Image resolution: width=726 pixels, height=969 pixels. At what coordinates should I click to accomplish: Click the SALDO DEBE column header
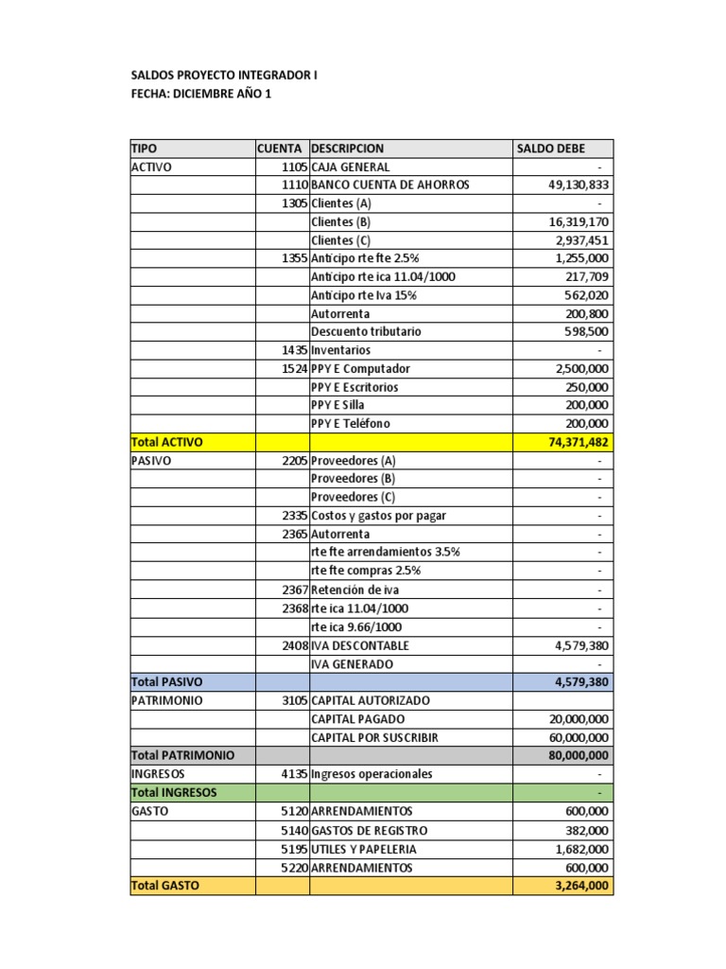coord(550,149)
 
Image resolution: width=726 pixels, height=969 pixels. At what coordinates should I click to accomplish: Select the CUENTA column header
coord(280,149)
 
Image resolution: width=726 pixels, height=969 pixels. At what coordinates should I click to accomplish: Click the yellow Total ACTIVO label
coord(166,442)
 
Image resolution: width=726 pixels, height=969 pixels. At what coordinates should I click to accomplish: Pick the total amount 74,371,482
coord(577,442)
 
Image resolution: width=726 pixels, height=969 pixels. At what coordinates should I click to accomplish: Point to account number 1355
coord(294,258)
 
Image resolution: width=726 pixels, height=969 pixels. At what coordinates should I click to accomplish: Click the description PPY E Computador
coord(360,369)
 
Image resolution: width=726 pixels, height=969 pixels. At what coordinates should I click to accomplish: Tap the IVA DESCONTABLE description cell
coord(360,645)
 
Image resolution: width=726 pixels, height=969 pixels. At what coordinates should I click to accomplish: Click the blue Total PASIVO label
coord(166,682)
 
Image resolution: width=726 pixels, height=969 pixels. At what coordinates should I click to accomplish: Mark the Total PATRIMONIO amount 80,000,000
coord(577,756)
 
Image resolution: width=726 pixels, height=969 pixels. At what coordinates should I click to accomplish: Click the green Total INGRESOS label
coord(174,793)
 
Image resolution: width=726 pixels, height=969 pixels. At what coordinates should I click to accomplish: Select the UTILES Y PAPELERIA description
coord(364,849)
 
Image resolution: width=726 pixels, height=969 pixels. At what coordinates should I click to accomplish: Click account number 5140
coord(294,830)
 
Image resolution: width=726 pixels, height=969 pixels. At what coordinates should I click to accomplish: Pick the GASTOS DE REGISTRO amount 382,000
coord(587,830)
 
